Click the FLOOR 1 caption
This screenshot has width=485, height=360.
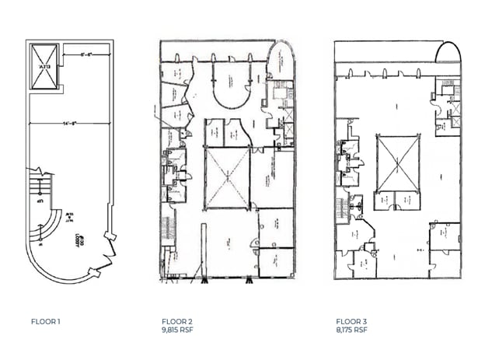click(47, 321)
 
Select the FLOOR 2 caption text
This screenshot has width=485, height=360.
click(177, 321)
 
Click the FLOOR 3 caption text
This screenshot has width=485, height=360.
click(351, 321)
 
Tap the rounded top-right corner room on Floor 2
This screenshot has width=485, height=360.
click(282, 66)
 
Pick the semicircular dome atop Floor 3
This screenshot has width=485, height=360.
click(447, 52)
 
